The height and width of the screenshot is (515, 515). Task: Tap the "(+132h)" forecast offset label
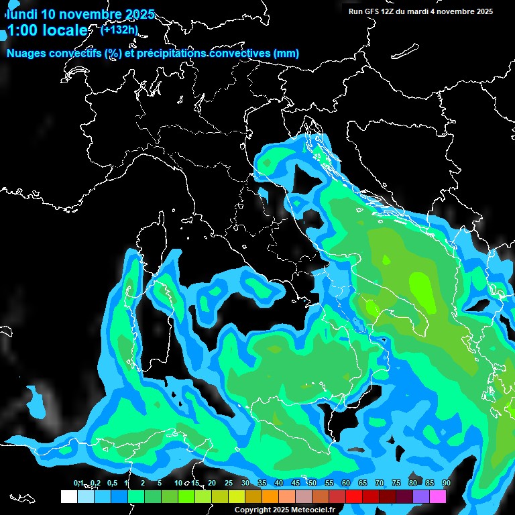coord(119,30)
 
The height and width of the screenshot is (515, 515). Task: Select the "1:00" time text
coord(21,30)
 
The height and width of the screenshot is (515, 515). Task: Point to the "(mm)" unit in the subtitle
coord(286,53)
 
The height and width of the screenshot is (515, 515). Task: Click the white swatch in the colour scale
coord(68,496)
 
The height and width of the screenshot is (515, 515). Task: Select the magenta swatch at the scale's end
coord(438,496)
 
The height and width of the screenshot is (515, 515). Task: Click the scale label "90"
coord(446,483)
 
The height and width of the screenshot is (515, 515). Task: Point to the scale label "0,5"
coord(111,483)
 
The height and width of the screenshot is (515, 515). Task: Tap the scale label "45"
coord(296,483)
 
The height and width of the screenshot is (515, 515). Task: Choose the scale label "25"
coord(229,483)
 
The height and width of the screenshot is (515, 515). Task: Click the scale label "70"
coord(379,483)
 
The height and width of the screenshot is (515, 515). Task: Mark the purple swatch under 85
coord(421,496)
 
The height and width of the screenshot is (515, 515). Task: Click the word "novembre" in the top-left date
coord(90,14)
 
